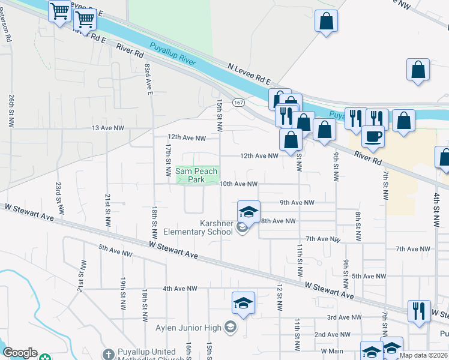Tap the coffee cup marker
tap(373, 136)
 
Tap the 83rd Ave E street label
tap(148, 79)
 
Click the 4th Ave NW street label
tap(180, 289)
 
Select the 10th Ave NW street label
tap(238, 184)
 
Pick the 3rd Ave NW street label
tap(344, 317)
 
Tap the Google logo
tap(20, 353)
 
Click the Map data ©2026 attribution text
tap(423, 355)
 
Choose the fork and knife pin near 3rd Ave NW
tap(418, 310)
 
